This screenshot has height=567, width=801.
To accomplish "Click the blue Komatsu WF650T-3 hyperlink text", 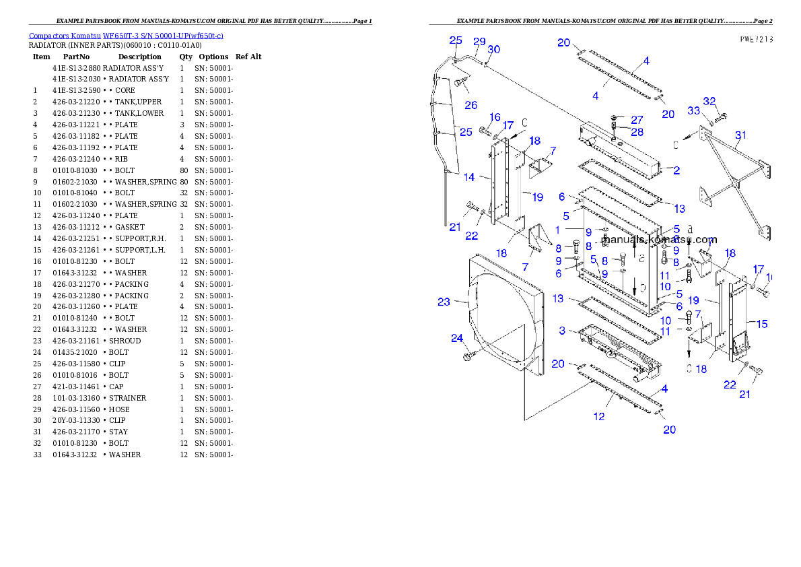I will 126,36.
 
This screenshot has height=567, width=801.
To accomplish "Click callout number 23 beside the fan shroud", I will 444,302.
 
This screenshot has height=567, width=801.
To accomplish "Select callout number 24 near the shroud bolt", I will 457,338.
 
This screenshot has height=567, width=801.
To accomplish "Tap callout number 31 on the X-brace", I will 740,135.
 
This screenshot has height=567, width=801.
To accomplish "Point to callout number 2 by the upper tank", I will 676,171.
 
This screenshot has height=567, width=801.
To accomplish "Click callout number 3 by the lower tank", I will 562,331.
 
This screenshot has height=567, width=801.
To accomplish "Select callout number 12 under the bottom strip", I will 599,416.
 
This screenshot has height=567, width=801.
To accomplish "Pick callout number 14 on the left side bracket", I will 469,177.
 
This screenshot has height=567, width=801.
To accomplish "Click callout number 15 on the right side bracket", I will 762,324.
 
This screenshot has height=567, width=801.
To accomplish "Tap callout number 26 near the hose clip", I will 471,105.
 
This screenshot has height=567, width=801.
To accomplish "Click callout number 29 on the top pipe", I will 479,41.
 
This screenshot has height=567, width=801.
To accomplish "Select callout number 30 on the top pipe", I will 493,49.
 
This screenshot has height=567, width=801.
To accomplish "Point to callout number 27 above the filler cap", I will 637,120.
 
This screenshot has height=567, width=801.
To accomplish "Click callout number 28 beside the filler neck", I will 637,131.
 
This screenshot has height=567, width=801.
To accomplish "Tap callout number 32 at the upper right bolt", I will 709,101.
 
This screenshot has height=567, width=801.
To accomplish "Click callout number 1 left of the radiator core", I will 557,230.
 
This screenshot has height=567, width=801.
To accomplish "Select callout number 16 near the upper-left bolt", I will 495,117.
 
